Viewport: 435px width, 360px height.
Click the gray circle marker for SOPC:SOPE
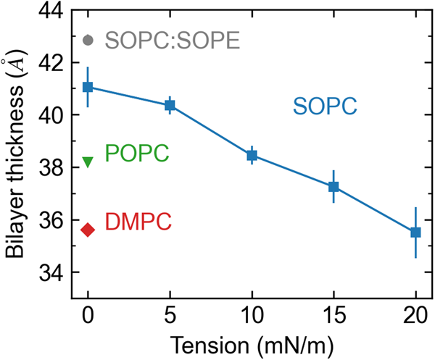(x=88, y=40)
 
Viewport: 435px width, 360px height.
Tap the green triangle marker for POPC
(x=88, y=162)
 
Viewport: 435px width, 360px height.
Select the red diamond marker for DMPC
(x=88, y=230)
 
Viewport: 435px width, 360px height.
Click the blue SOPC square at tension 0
(x=88, y=87)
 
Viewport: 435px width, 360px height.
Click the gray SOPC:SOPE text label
(x=172, y=41)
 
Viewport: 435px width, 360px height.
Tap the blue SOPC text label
(x=325, y=106)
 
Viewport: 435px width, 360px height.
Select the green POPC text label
(x=137, y=154)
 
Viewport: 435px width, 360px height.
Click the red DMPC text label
(x=138, y=222)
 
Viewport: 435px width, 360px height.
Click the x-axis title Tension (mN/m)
(x=252, y=343)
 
